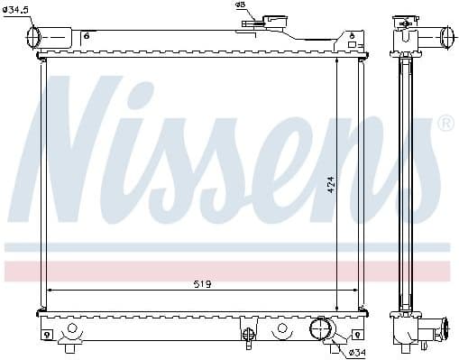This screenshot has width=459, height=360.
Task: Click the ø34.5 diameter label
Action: tap(17, 9)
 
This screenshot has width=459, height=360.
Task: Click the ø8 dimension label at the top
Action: tap(240, 6)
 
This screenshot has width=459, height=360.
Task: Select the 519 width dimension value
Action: tap(203, 284)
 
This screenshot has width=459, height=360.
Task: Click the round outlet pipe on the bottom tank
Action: tap(319, 328)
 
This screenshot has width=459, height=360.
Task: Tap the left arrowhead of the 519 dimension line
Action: tap(50, 290)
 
